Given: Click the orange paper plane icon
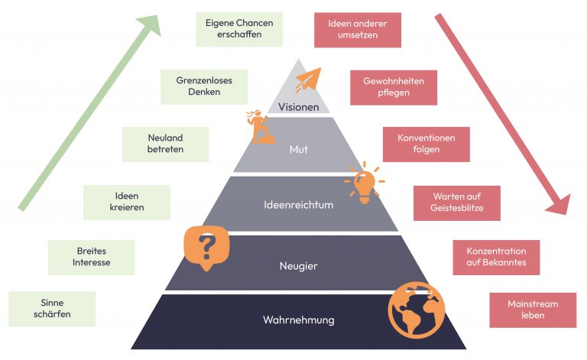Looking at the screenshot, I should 307,79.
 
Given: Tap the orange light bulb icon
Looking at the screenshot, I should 363,182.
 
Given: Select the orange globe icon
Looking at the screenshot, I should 416,310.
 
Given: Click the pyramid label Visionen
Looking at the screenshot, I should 299,107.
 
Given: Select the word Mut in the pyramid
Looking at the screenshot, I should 299,149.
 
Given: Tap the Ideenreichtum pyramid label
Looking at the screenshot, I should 299,206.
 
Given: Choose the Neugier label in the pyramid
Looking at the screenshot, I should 299,266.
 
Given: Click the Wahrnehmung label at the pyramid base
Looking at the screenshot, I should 299,319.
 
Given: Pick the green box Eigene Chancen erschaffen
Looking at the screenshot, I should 239,30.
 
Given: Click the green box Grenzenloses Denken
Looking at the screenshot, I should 204,86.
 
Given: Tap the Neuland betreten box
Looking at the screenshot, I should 165,144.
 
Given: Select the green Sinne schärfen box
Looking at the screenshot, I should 51,309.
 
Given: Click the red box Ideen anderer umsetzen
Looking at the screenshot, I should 357,30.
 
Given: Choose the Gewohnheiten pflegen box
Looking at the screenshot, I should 393,87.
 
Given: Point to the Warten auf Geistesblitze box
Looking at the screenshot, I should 457,203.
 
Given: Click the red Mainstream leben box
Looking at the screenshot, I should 533,310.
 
